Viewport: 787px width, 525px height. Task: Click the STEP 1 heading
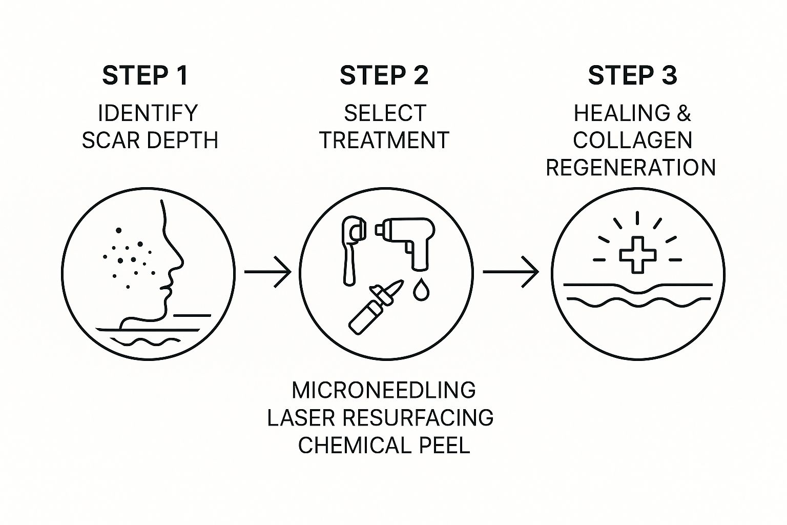(145, 75)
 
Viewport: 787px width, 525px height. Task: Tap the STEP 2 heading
(384, 75)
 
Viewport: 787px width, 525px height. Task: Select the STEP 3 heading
(632, 75)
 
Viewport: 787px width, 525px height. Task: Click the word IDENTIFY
(148, 113)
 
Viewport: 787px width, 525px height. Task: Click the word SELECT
(384, 113)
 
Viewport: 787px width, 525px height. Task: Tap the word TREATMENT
(384, 140)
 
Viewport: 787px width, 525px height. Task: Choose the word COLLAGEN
(632, 140)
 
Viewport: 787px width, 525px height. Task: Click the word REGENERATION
(631, 168)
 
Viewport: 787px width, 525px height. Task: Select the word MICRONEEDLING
(384, 391)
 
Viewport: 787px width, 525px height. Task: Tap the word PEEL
(444, 445)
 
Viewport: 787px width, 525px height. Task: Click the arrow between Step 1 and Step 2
(267, 271)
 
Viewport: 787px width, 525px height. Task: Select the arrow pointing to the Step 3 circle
(511, 271)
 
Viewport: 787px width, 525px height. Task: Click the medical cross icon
(637, 254)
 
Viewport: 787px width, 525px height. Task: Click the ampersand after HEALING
(684, 113)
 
